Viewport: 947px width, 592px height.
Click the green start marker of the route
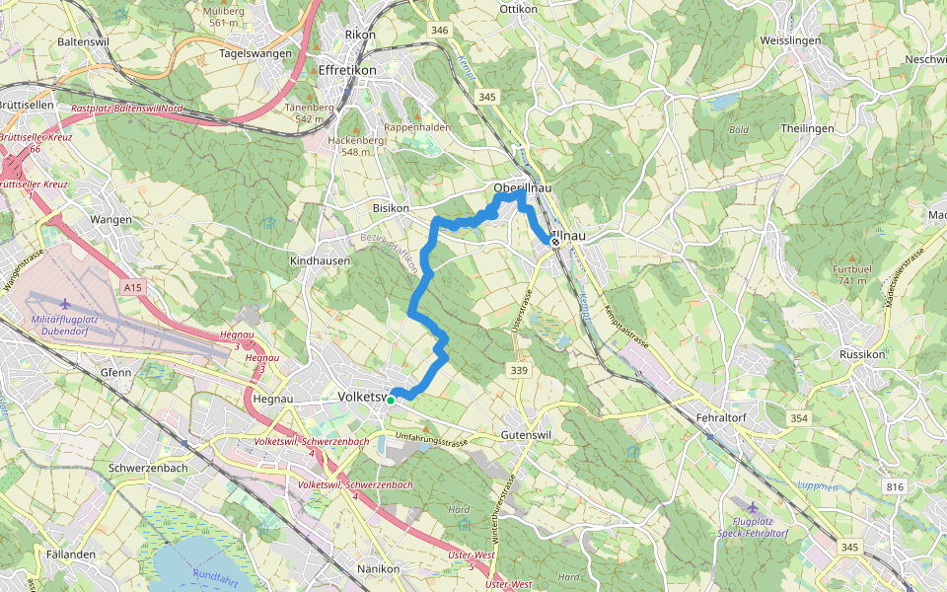click(x=391, y=400)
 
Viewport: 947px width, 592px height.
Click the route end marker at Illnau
click(x=555, y=242)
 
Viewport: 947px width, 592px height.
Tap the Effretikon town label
click(x=347, y=70)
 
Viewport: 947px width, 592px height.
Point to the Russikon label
click(x=865, y=354)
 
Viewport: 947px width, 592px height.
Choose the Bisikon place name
click(x=392, y=209)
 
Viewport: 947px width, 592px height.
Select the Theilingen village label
click(x=807, y=128)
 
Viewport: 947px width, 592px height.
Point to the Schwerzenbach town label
click(x=149, y=468)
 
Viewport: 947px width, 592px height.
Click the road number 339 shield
click(x=519, y=370)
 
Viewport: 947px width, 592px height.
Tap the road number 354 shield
click(x=800, y=420)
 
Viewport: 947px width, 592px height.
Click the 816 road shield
click(x=895, y=486)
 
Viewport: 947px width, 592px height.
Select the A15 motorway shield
click(x=134, y=287)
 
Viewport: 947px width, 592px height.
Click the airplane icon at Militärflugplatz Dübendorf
click(x=65, y=304)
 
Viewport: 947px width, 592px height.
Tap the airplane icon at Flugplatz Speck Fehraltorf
click(x=755, y=506)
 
